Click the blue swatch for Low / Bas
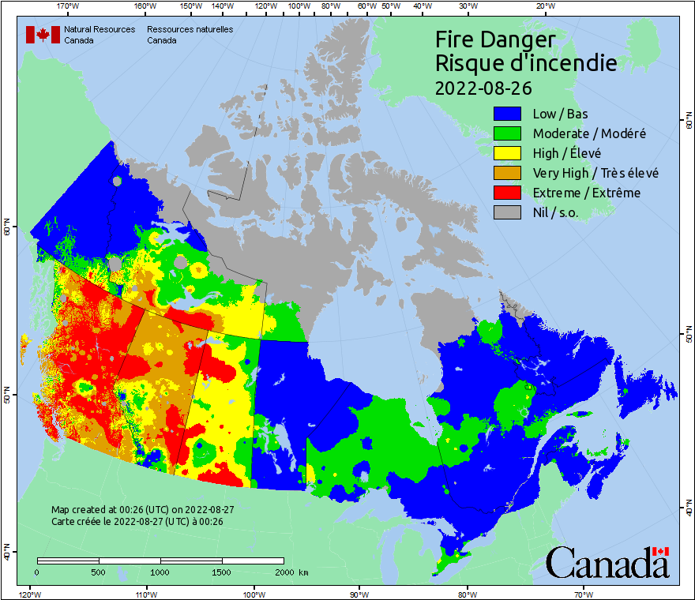[508, 114]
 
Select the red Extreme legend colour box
[508, 193]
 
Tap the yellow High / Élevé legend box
[508, 153]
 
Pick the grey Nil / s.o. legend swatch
[508, 212]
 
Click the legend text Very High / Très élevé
[595, 173]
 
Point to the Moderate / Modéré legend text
[589, 133]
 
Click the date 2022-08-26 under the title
[483, 87]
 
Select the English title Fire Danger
[495, 39]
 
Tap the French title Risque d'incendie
[525, 63]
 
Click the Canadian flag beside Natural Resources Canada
[43, 35]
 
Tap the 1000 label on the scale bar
[160, 572]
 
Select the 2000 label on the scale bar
[283, 572]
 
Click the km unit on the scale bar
[304, 572]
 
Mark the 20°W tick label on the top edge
[544, 6]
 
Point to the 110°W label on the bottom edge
[145, 594]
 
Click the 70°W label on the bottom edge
[583, 594]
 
